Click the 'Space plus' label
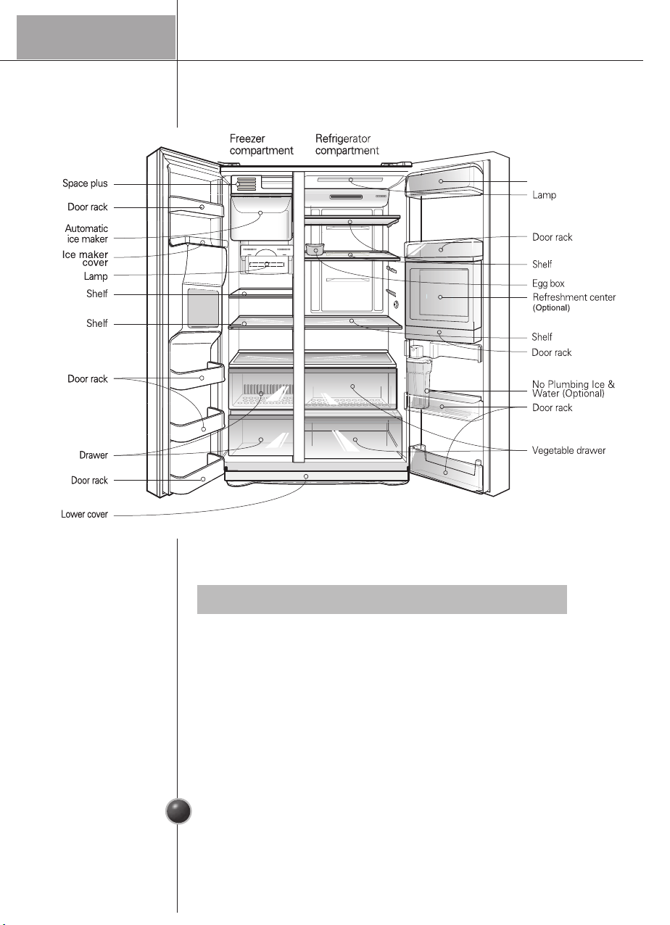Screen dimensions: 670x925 85,184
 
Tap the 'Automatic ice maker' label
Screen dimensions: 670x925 86,233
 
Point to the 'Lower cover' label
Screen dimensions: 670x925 84,515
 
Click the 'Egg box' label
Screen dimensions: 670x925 548,284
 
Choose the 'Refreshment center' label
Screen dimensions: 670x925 574,298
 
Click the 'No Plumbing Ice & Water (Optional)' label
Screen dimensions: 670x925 574,389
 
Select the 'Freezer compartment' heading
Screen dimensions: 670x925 261,145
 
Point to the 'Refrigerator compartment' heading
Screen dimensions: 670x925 347,145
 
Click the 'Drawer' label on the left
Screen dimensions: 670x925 94,455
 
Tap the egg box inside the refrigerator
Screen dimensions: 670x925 315,251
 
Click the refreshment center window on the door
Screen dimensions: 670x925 441,298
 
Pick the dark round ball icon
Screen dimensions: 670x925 178,811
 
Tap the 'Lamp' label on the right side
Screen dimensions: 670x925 544,196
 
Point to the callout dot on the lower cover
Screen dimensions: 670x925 307,477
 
